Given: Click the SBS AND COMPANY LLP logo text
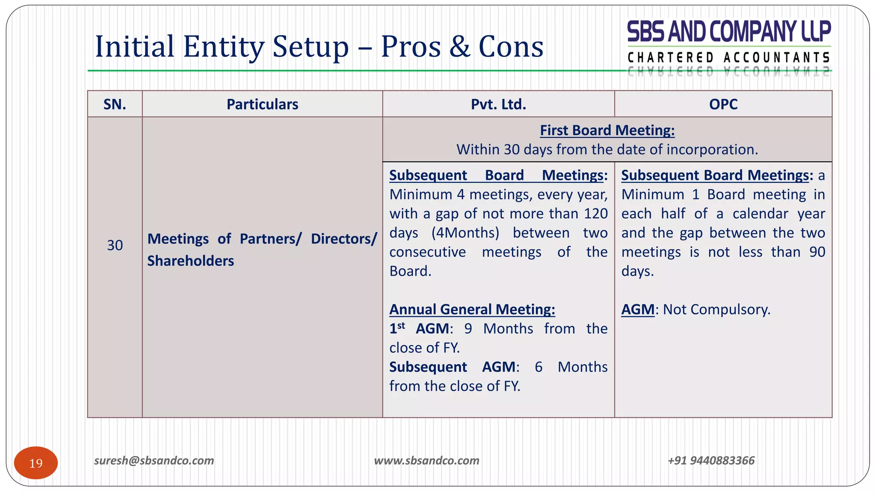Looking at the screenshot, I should point(728,32).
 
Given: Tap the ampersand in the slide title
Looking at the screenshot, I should point(460,47).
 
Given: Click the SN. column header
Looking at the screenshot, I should point(115,104).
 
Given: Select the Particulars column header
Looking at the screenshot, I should point(262,104).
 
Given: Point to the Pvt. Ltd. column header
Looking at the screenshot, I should point(498,104).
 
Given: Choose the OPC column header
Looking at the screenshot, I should point(723,104).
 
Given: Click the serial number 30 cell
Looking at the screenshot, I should point(115,245).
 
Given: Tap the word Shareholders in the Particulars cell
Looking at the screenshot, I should point(191,261).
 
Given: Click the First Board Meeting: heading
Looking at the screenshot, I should point(607,130).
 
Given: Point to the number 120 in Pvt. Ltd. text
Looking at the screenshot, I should point(596,214).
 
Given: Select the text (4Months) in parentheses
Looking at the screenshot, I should point(465,233).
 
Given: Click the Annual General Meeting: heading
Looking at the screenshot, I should point(472,309).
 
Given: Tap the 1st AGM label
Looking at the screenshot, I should point(419,329).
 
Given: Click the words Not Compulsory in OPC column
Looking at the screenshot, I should point(716,309).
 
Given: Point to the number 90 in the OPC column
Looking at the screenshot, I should point(817,252).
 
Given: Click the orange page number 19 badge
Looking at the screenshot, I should point(36,463).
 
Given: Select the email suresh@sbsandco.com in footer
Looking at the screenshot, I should point(154,460).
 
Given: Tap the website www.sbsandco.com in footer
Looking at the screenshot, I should point(426,460).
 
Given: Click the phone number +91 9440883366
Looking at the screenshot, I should point(711,460).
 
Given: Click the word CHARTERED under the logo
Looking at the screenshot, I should point(670,57).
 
